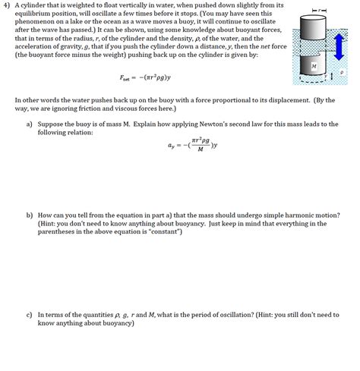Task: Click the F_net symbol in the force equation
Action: pyautogui.click(x=125, y=77)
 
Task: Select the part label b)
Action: pyautogui.click(x=29, y=215)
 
